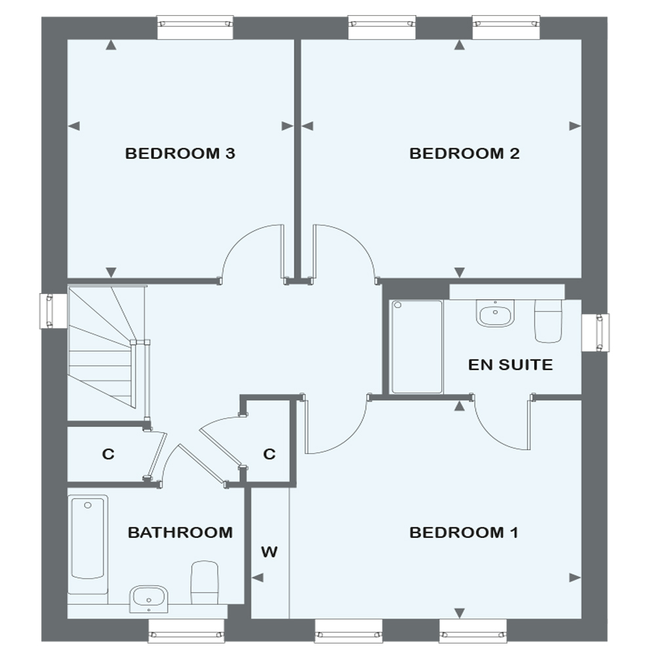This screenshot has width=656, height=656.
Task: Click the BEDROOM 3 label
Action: [180, 154]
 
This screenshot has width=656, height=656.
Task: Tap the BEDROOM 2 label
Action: [464, 154]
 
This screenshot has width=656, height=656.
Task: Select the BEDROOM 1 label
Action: [464, 532]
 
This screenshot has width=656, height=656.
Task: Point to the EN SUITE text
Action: [510, 365]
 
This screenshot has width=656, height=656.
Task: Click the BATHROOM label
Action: [180, 532]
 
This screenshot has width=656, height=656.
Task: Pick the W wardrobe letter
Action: [270, 552]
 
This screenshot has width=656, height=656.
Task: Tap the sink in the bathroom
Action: [149, 598]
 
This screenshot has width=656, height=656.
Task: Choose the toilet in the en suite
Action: [548, 321]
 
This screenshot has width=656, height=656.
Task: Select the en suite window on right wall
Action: [596, 332]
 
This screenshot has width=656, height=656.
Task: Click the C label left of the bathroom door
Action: [108, 454]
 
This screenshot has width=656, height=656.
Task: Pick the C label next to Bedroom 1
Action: [269, 454]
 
